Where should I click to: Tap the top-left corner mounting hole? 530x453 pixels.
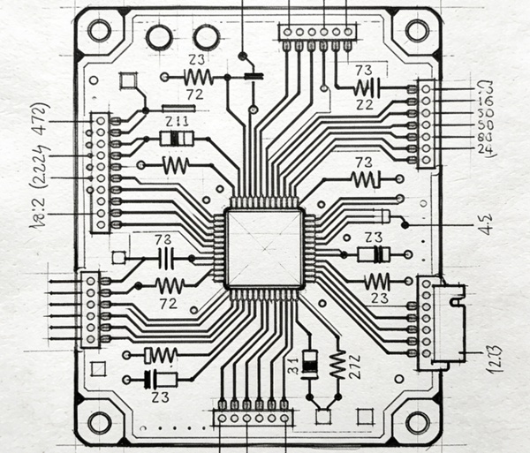coord(99,31)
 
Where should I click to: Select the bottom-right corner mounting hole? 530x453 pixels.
coord(415,422)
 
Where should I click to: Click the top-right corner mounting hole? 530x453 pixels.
coord(417,31)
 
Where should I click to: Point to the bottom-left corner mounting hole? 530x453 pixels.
coord(99,422)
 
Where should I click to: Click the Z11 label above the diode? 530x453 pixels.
coord(176,121)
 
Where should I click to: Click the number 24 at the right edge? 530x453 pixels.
coord(483,149)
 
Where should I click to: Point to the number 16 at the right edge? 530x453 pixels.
coord(483,102)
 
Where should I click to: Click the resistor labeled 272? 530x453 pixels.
coord(337,362)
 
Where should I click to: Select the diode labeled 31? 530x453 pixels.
coord(309,363)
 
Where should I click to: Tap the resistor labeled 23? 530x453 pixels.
coord(378,281)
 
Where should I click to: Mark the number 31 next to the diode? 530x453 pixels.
coord(295,365)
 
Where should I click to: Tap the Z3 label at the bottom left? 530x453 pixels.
coord(162,396)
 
